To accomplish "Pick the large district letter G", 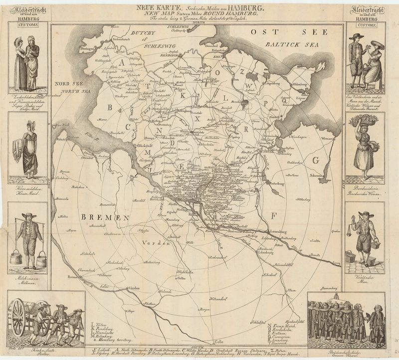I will (x=314, y=161).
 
